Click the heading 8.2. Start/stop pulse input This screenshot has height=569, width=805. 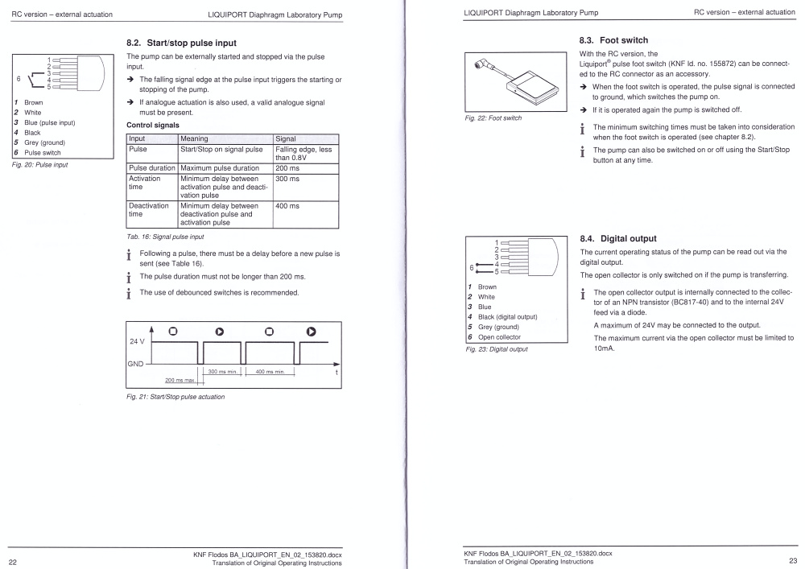(x=182, y=41)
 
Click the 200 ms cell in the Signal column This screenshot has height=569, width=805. (x=287, y=168)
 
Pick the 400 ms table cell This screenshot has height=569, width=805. (x=287, y=206)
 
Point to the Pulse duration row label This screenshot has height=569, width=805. (x=151, y=168)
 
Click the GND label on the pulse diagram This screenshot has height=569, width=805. (x=135, y=364)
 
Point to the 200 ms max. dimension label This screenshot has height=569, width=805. (x=182, y=380)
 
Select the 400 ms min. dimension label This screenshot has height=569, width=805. (x=270, y=371)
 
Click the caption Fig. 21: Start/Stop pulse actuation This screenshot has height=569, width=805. (x=175, y=397)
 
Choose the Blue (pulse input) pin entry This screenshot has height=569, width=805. (x=50, y=122)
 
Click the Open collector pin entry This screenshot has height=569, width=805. (x=499, y=337)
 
